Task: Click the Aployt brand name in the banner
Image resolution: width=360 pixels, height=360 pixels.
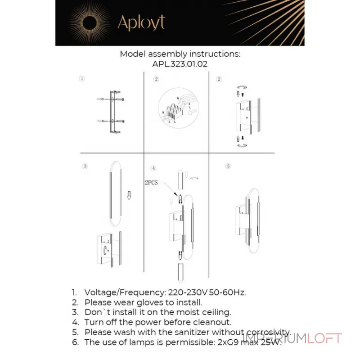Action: (x=141, y=22)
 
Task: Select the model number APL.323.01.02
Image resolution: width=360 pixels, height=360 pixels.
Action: (x=180, y=64)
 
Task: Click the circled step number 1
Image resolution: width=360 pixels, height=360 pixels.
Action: (x=81, y=78)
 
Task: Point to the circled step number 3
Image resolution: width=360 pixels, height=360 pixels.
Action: (x=85, y=166)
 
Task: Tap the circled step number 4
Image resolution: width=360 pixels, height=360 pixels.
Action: (x=153, y=168)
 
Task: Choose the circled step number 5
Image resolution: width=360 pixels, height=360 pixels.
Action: (x=228, y=166)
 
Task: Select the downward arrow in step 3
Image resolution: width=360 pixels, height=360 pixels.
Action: (x=129, y=195)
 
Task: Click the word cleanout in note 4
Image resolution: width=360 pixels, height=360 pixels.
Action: (x=211, y=322)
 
